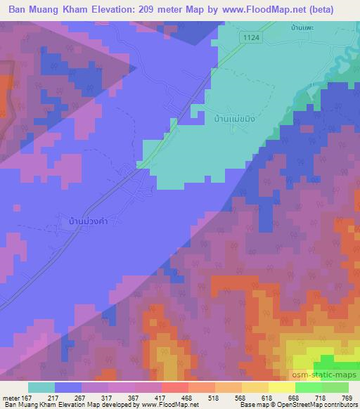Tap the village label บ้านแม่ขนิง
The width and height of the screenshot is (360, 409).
click(231, 119)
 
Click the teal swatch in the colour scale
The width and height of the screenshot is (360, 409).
click(41, 387)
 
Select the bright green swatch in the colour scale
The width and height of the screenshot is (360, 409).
click(308, 387)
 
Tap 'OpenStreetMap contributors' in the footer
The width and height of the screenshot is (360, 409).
click(319, 405)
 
